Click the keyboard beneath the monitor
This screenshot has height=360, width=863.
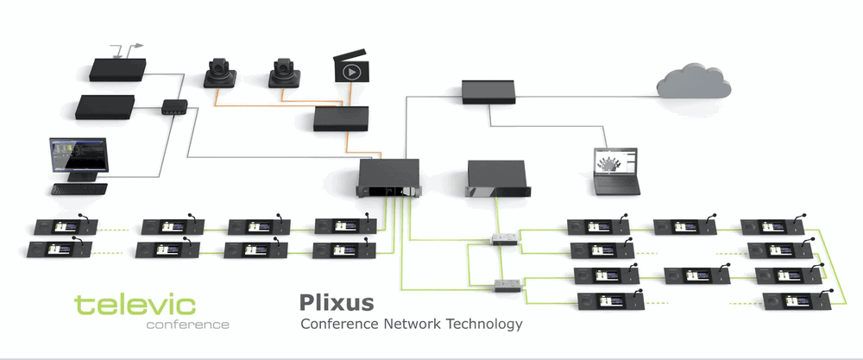click(79, 188)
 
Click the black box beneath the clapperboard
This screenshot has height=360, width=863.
click(341, 119)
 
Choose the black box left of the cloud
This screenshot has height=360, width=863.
click(488, 91)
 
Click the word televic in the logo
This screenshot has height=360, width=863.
click(135, 305)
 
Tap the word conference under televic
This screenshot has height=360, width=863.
click(187, 325)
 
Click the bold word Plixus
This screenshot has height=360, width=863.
click(337, 303)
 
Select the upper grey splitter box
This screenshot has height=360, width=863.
click(504, 238)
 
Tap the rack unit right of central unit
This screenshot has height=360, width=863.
click(496, 179)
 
